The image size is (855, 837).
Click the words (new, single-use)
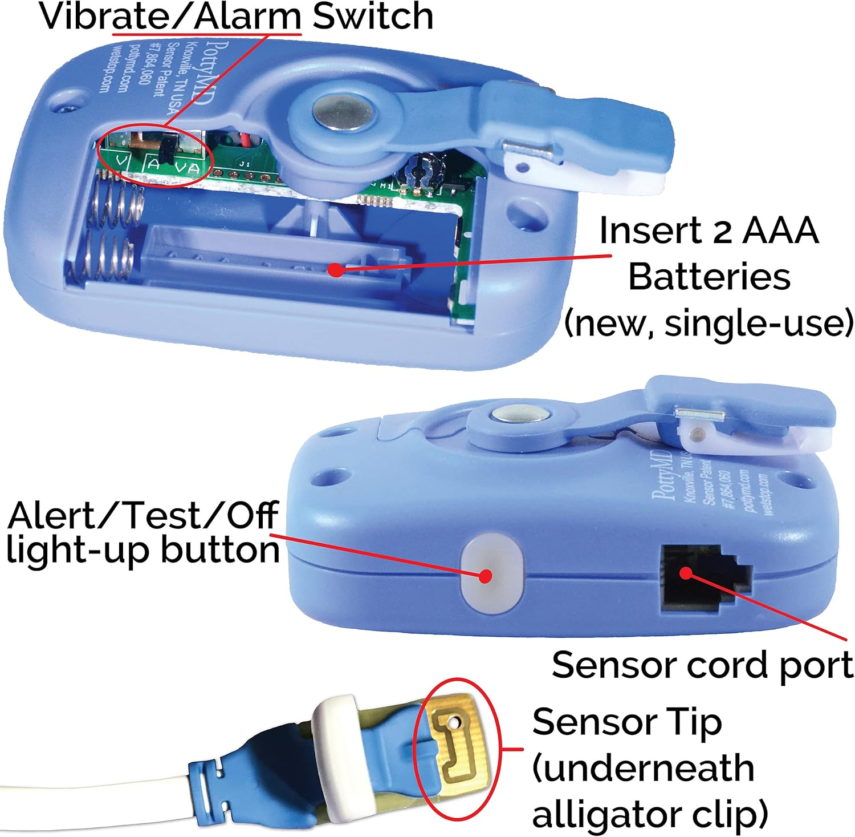tap(709, 323)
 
